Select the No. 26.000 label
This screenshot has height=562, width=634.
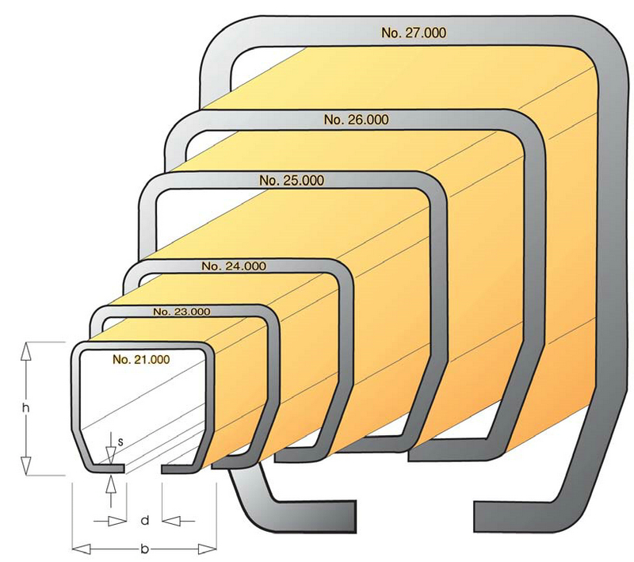click(x=356, y=120)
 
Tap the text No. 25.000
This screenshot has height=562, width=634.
click(x=291, y=181)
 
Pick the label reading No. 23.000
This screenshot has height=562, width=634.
click(x=181, y=312)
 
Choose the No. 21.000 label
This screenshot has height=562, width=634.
click(x=141, y=359)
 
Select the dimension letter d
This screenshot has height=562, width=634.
click(x=143, y=521)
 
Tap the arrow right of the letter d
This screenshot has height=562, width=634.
click(x=170, y=521)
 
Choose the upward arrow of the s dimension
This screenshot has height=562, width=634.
click(x=111, y=483)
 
